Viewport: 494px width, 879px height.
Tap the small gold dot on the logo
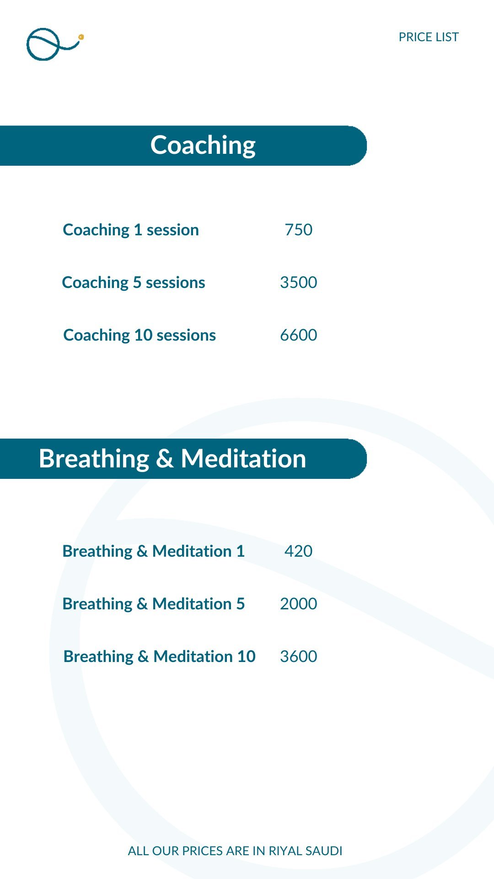81,37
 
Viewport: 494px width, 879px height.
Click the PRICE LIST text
429,37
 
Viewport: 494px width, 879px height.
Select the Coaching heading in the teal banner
203,145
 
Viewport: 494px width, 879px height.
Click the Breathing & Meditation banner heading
172,458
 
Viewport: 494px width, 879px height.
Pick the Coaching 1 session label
131,230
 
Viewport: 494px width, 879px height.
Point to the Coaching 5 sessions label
134,282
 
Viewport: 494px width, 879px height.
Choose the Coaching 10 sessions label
140,335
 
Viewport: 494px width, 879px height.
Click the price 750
299,230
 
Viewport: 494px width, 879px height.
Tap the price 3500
299,282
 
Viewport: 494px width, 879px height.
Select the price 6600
299,335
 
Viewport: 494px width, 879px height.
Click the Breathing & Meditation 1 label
154,551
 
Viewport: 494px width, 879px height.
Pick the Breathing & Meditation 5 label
154,604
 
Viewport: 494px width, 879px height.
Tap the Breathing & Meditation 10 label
160,657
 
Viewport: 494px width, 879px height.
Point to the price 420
299,551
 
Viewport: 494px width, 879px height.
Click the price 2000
299,604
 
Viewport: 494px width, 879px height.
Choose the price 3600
299,657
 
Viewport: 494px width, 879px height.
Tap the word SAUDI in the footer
324,851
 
